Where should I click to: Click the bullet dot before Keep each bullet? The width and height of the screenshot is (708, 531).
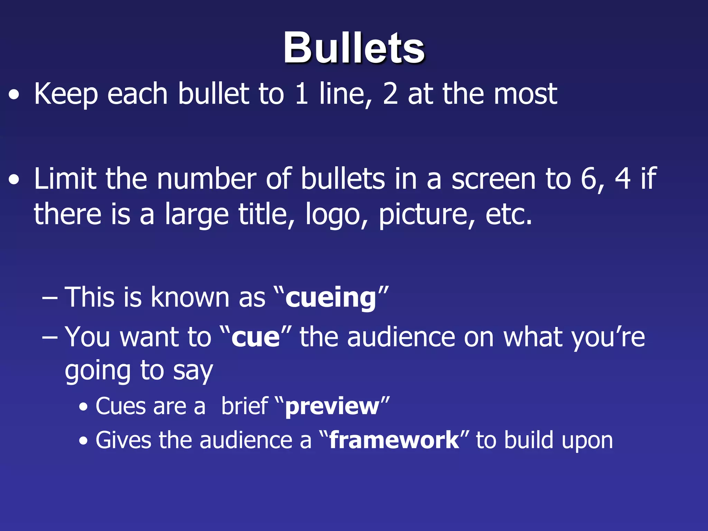[14, 95]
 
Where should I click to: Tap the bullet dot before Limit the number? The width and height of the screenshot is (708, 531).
[14, 180]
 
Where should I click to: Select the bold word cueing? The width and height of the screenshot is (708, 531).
[330, 298]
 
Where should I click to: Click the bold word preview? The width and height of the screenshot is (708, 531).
[332, 407]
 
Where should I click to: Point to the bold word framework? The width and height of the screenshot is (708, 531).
[394, 440]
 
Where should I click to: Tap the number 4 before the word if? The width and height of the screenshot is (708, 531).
[623, 179]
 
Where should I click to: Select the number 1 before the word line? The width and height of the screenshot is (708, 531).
[302, 94]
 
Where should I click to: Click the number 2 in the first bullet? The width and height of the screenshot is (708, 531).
[390, 94]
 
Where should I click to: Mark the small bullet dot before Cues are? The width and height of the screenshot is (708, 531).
[83, 407]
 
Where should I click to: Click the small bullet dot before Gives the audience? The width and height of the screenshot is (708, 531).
[83, 441]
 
